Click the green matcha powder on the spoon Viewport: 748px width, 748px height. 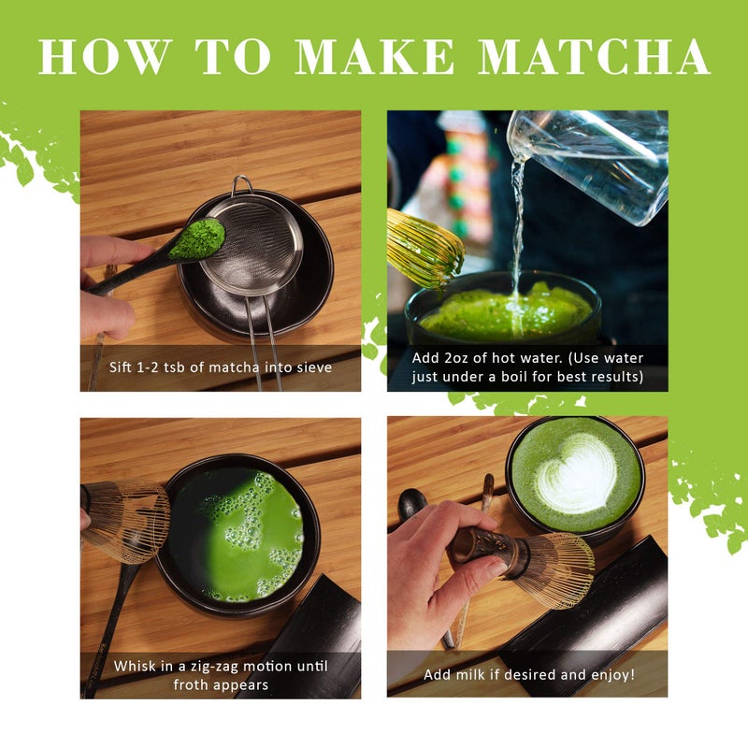coord(196,239)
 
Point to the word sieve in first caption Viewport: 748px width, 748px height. coord(312,367)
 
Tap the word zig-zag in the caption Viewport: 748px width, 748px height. coord(211,666)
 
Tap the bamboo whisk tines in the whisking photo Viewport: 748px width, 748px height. coord(131,519)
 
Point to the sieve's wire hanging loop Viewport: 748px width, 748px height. coord(242,183)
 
